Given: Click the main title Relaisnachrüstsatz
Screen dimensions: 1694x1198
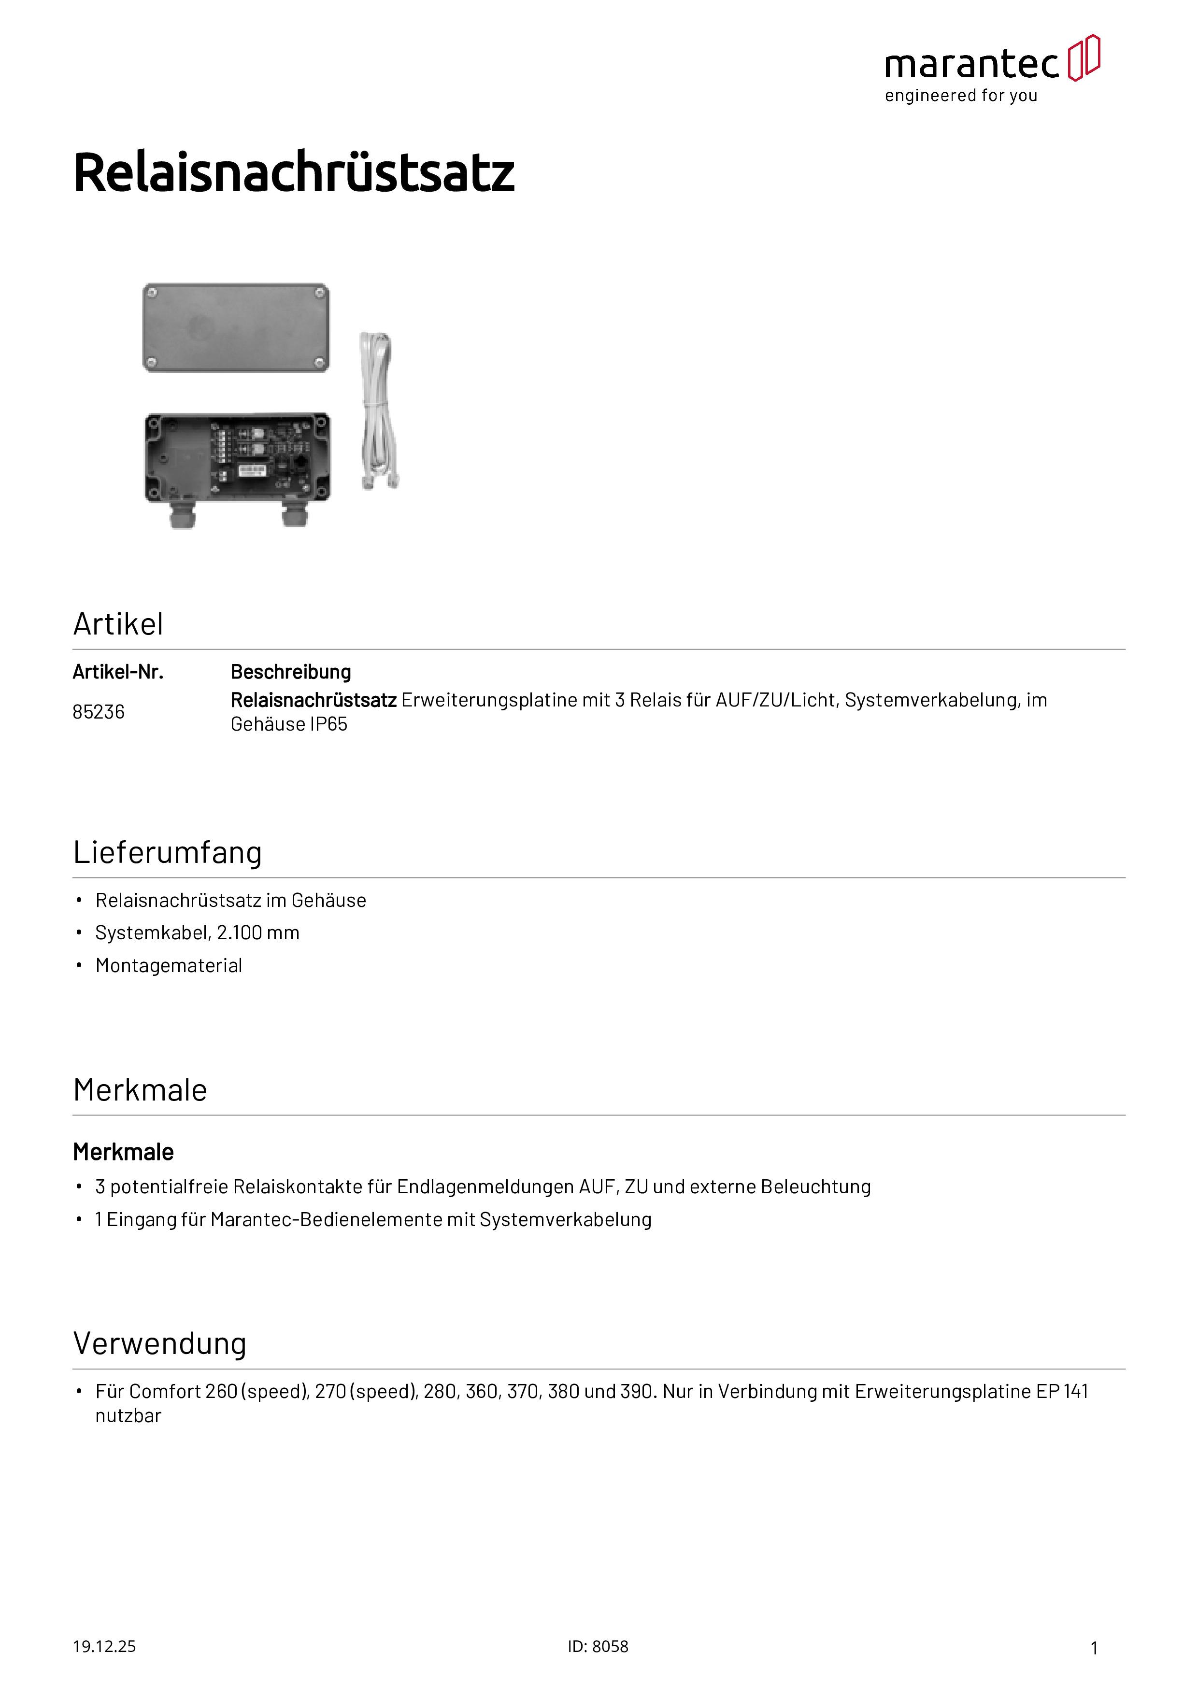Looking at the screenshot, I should (294, 173).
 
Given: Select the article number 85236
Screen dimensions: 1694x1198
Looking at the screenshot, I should (98, 712).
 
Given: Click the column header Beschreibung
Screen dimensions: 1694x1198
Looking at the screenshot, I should (290, 672).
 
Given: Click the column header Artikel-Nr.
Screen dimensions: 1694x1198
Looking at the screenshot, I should (117, 672).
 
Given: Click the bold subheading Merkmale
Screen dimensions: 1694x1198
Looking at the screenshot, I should (123, 1153).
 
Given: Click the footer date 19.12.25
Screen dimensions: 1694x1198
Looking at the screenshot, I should (104, 1647).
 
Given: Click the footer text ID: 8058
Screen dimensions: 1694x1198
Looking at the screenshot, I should (598, 1647).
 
